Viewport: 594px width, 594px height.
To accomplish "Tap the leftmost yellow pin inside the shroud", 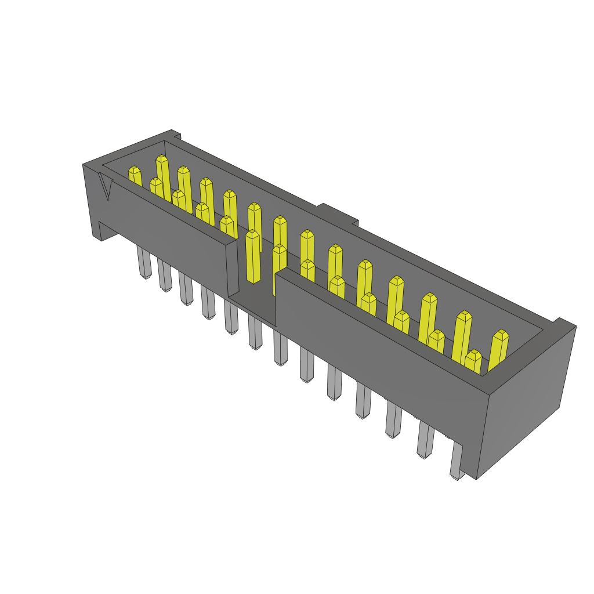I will (135, 176).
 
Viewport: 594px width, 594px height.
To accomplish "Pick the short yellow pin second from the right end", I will (473, 361).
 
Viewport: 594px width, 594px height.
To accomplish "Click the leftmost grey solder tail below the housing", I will (143, 263).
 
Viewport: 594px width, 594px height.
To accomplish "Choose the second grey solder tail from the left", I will (165, 276).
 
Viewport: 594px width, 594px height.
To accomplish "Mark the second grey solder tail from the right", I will (425, 441).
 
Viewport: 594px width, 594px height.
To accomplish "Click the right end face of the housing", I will (525, 400).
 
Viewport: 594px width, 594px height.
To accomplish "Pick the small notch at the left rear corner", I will (176, 136).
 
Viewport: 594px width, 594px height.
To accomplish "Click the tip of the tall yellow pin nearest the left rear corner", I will (162, 159).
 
